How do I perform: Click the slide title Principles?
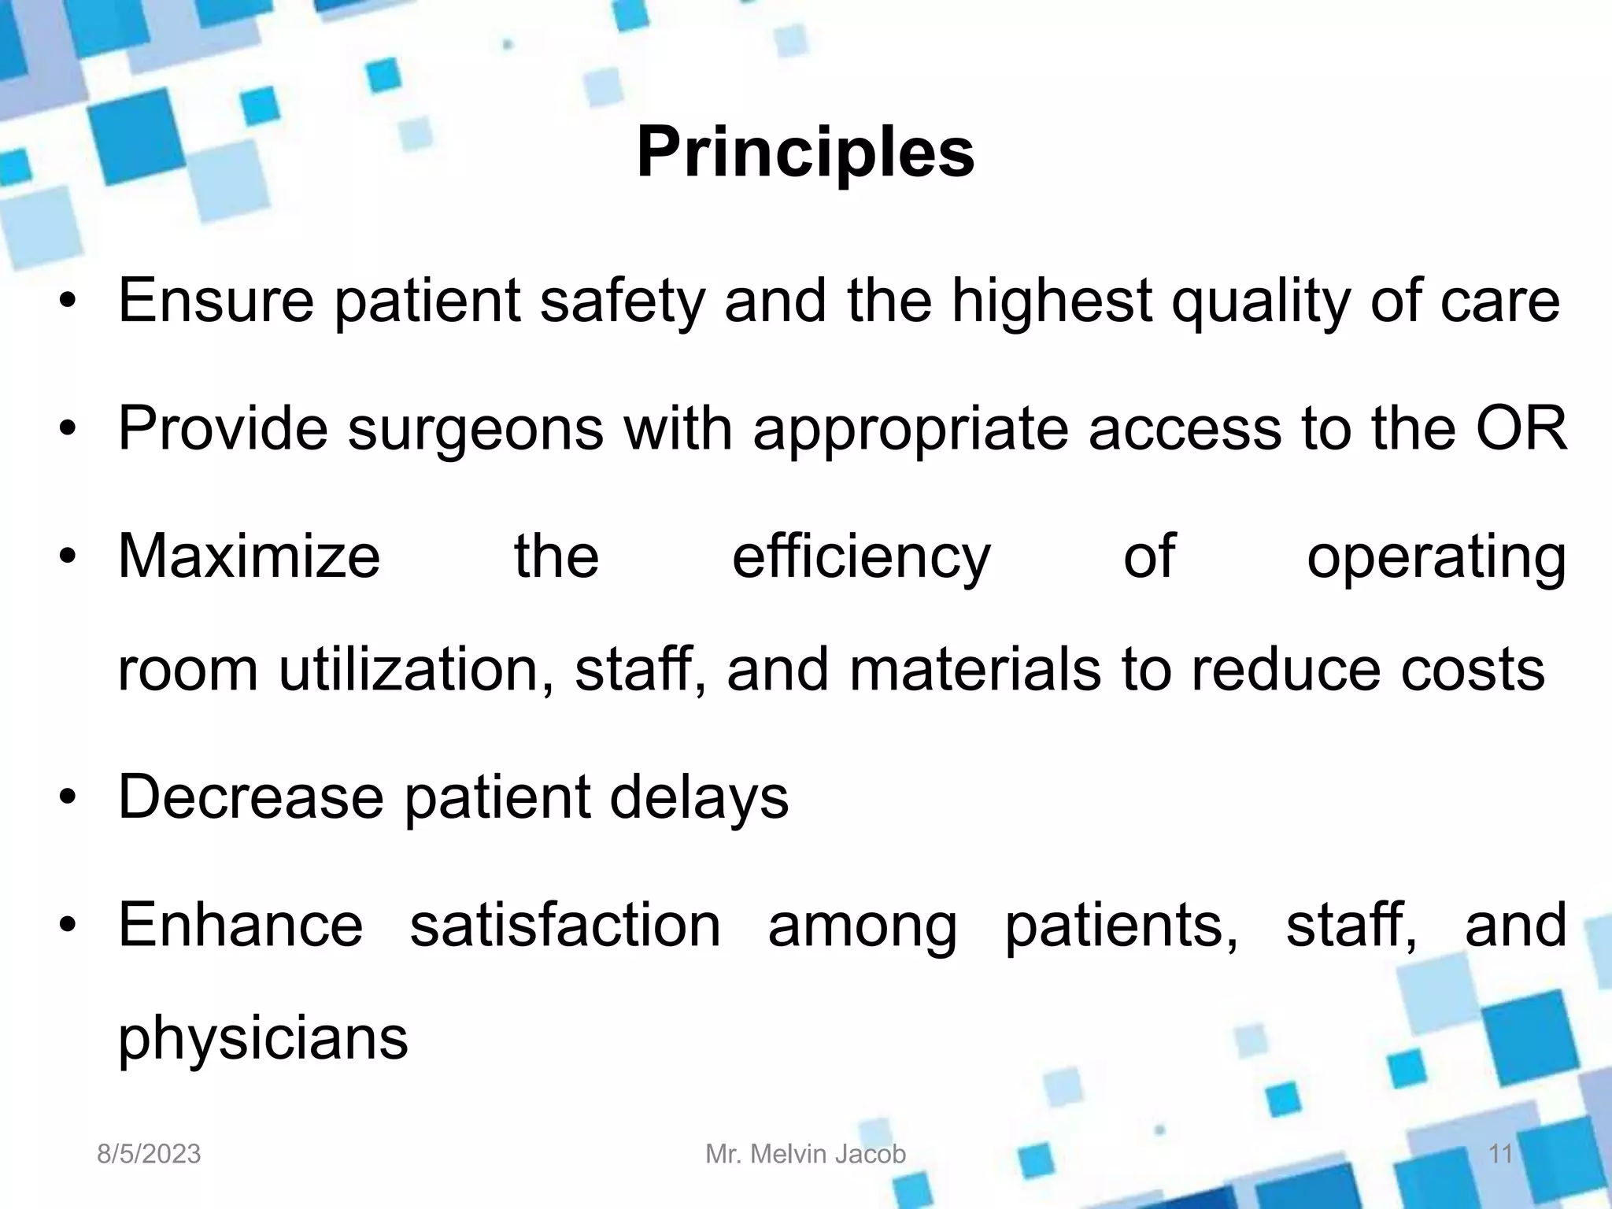(x=805, y=153)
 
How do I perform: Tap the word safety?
(x=622, y=302)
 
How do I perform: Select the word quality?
(x=1260, y=302)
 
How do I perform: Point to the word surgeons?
(x=475, y=430)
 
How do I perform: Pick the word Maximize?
(x=250, y=556)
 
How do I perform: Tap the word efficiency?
(x=861, y=557)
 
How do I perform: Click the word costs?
(x=1472, y=671)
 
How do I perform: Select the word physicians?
(x=263, y=1039)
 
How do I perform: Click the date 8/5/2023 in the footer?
(x=149, y=1154)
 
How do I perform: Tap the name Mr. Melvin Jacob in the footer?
(x=805, y=1154)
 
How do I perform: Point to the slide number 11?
(x=1501, y=1154)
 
